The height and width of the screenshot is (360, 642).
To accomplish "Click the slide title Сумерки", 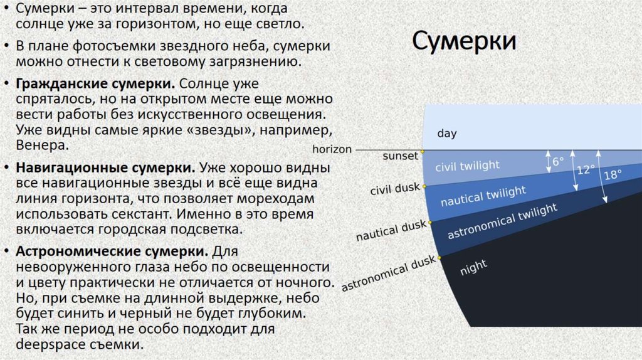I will pyautogui.click(x=465, y=42).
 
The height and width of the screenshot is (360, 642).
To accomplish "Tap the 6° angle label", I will pyautogui.click(x=558, y=161).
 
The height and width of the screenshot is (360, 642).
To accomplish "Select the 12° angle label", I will pyautogui.click(x=586, y=169).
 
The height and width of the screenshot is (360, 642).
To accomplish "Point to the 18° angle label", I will pyautogui.click(x=613, y=175).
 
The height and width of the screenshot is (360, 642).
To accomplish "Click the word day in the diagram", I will pyautogui.click(x=447, y=134).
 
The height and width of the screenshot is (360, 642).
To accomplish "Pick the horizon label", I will pyautogui.click(x=332, y=149).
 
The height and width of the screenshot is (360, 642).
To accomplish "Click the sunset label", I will pyautogui.click(x=400, y=156).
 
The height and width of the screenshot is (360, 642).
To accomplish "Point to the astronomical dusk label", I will pyautogui.click(x=388, y=274).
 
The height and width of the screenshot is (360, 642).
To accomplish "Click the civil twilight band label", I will pyautogui.click(x=467, y=166).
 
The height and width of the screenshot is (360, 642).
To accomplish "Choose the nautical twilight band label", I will pyautogui.click(x=483, y=197).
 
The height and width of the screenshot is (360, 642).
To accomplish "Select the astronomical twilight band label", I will pyautogui.click(x=502, y=223).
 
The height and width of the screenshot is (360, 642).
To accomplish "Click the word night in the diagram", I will pyautogui.click(x=473, y=268).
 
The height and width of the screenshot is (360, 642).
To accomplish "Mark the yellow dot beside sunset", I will pyautogui.click(x=423, y=151).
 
